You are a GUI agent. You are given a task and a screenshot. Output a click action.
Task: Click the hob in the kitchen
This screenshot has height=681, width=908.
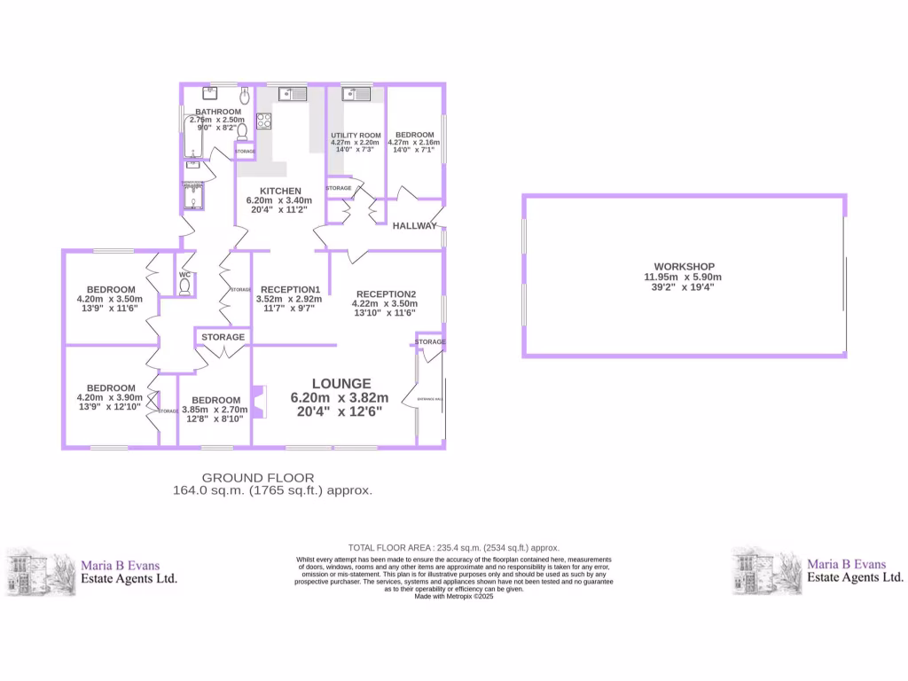[x=263, y=122]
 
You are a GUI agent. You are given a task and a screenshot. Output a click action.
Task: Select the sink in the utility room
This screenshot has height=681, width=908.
[x=357, y=93]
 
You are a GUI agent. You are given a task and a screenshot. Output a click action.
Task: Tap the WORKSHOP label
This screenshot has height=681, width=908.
[x=684, y=266]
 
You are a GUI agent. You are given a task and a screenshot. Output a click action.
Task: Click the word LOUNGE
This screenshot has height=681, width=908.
[x=340, y=384]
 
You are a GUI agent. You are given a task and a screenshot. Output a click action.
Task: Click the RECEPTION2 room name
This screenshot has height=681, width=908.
[x=386, y=294]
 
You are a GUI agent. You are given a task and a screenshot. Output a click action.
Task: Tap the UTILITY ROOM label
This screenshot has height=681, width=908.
[x=355, y=135]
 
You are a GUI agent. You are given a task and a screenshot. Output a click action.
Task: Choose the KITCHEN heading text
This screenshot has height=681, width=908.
[x=280, y=191]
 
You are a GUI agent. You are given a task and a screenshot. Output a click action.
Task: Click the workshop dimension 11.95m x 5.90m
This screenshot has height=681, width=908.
[x=684, y=277]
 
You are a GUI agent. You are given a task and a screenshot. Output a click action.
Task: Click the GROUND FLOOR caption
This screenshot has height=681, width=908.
[x=258, y=478]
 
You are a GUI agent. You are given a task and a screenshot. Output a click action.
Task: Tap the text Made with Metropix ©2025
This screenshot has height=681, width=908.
[x=453, y=597]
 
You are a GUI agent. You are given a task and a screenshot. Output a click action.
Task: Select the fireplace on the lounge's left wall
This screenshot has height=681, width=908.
[x=258, y=402]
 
